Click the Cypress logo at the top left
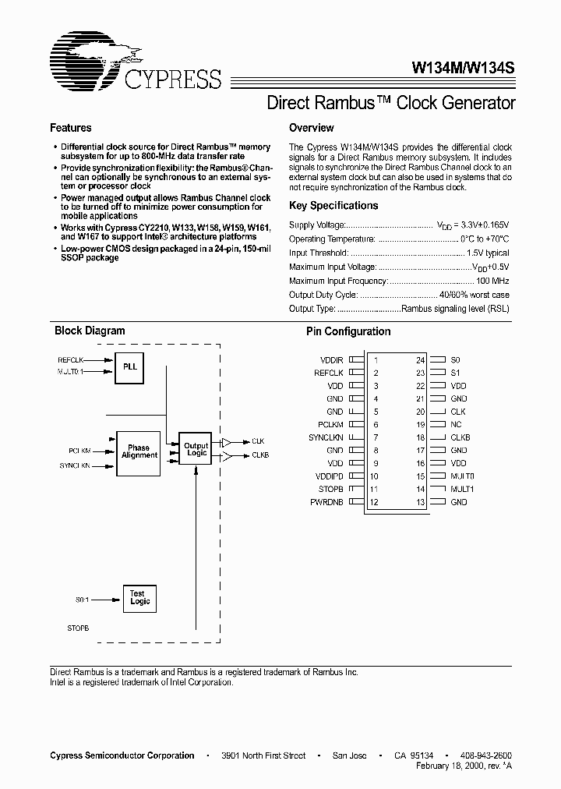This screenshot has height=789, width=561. (x=137, y=63)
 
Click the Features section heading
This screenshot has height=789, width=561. (x=71, y=128)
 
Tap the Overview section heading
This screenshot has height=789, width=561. (x=311, y=128)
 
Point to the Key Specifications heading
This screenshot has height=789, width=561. (x=333, y=206)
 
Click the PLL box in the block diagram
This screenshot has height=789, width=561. (x=130, y=366)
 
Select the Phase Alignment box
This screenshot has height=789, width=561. (x=139, y=451)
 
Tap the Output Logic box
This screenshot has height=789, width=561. (x=196, y=451)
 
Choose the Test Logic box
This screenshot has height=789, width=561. (x=139, y=599)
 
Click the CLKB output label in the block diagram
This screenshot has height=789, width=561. (x=260, y=455)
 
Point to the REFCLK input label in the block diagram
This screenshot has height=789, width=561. (x=70, y=359)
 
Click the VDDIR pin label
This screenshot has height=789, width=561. (x=331, y=360)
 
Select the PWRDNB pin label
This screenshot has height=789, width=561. (x=326, y=502)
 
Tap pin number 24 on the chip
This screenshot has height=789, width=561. (x=419, y=360)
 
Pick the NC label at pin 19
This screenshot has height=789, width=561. (x=457, y=425)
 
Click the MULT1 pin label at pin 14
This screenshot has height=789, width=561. (x=462, y=489)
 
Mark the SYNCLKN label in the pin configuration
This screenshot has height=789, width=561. (x=326, y=437)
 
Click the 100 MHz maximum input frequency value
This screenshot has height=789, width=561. (x=492, y=281)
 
